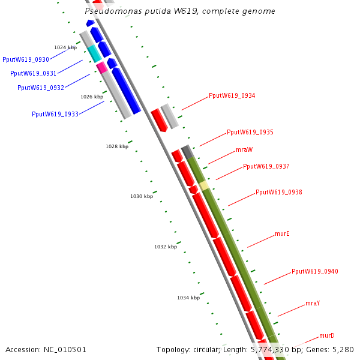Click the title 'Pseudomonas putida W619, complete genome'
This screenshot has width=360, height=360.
180,11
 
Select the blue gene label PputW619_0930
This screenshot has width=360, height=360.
26,59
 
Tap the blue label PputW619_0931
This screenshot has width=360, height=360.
34,73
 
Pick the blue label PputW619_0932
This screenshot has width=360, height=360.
41,88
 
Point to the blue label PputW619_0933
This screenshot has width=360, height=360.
55,114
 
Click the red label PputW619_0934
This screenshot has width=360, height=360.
232,95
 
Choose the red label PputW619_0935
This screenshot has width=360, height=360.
250,132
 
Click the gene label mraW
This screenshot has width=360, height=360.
244,149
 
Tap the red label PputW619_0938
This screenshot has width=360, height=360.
278,192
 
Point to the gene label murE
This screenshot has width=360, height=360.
282,233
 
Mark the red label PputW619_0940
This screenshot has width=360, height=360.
314,271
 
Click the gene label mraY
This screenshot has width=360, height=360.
312,303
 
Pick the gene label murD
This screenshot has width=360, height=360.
326,335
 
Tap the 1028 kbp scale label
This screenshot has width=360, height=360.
117,146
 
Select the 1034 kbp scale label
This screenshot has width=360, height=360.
188,298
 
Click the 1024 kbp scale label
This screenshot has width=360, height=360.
65,47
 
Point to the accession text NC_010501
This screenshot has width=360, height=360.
46,349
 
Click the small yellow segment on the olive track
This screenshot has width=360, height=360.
205,185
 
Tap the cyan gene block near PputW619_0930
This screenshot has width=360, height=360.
95,54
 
